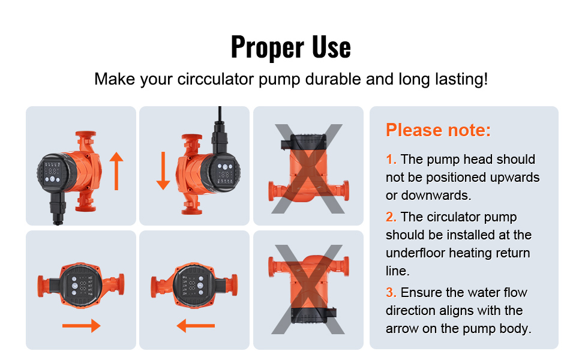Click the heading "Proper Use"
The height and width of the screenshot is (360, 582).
[290, 47]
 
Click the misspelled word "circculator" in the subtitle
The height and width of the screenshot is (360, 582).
[215, 79]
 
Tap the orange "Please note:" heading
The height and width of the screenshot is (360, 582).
[439, 130]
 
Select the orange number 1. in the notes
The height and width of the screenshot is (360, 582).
[391, 159]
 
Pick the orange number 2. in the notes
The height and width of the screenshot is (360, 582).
[391, 217]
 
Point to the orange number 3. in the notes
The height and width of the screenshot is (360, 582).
[391, 292]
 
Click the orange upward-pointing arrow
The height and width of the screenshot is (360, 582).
[116, 171]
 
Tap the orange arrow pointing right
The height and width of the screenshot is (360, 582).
[81, 326]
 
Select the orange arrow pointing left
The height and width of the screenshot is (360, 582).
[196, 326]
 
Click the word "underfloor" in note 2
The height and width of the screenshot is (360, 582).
[415, 253]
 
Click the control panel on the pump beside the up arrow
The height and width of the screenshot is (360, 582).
[52, 173]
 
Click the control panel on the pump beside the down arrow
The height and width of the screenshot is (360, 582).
[225, 172]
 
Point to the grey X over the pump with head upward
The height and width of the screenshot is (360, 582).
[308, 169]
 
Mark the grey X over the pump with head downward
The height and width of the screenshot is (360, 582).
[308, 289]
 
